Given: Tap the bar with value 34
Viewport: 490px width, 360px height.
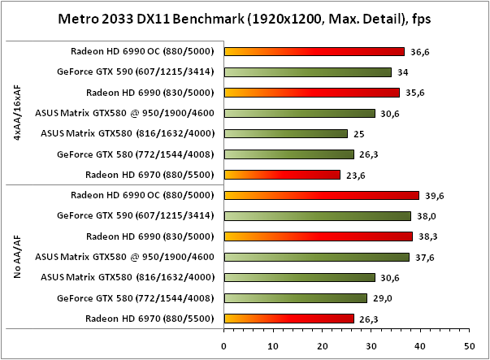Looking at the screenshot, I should (x=307, y=72).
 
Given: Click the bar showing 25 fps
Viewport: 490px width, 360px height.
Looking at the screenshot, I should (x=285, y=133).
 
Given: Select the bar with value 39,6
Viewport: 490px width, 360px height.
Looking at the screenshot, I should (x=321, y=195).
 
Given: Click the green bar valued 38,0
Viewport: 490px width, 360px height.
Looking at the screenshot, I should (x=317, y=216).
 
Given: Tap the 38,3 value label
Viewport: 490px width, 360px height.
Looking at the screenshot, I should (x=428, y=236).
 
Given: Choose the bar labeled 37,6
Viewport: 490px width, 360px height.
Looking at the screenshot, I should (x=316, y=257).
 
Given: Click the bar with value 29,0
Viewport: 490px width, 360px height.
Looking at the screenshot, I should (x=295, y=298).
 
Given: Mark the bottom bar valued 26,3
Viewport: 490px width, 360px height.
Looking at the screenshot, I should (x=288, y=319).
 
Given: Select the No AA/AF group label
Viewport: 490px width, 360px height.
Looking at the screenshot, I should (x=19, y=257).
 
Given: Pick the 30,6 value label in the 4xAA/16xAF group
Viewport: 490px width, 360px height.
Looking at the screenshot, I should (x=391, y=113).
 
